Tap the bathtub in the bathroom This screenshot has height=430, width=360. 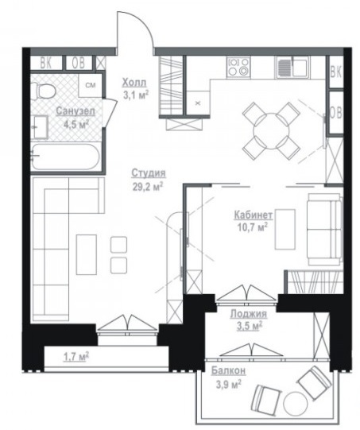tap(64, 157)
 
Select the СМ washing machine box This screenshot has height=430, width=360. tap(91, 85)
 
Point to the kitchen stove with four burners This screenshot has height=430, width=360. tap(238, 67)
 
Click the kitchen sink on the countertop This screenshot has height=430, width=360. tap(292, 67)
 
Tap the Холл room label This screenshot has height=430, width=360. tap(134, 83)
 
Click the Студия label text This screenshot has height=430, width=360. tap(149, 173)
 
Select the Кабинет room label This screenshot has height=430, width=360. tap(254, 215)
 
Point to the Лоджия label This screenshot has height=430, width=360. tap(249, 313)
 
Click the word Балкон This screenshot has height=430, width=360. tap(228, 370)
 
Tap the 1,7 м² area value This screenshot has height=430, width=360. tap(76, 357)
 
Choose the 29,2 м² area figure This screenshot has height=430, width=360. tap(148, 188)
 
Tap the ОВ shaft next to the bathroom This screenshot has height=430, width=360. tap(79, 63)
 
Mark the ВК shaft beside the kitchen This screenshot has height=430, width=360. tap(336, 72)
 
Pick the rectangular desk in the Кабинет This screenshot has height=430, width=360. tap(285, 230)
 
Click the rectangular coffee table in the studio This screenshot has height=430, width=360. tap(87, 254)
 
